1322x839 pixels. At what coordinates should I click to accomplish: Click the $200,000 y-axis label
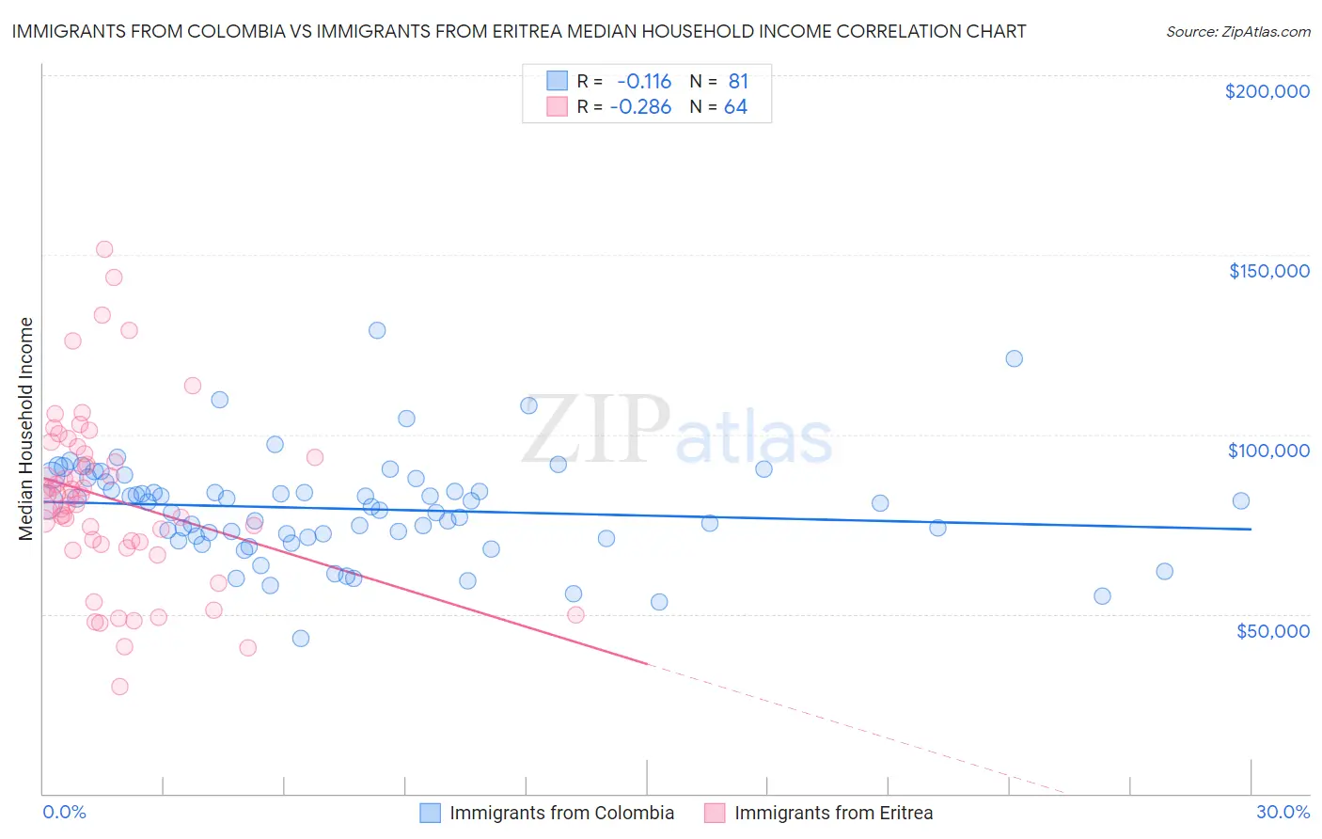coord(1267,91)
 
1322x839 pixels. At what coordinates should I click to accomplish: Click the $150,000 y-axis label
coord(1268,271)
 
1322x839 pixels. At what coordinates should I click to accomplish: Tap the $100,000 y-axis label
coord(1268,451)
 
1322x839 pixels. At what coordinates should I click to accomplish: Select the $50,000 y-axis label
coord(1272,630)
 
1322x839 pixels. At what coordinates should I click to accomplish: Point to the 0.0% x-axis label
coord(64,812)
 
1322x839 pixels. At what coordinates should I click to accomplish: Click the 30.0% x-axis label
coord(1283,812)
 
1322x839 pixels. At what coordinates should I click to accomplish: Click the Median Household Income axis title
coord(26,429)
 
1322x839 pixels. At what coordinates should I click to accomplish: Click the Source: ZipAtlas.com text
coord(1237,31)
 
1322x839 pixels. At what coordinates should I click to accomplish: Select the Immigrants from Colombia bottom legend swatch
coord(430,813)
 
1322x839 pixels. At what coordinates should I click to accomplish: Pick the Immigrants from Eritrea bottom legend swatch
coord(715,813)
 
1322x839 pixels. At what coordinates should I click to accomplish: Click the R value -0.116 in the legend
coord(644,81)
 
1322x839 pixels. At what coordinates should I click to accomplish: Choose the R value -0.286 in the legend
coord(640,107)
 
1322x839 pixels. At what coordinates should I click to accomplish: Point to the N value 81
coord(737,81)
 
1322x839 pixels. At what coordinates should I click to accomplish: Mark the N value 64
coord(735,107)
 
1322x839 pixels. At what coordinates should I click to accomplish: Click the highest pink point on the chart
coord(104,249)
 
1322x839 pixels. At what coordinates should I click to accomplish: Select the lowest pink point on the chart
coord(119,687)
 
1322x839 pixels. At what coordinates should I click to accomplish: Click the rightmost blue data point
coord(1241,501)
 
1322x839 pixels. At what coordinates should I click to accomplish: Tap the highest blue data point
coord(377,330)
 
